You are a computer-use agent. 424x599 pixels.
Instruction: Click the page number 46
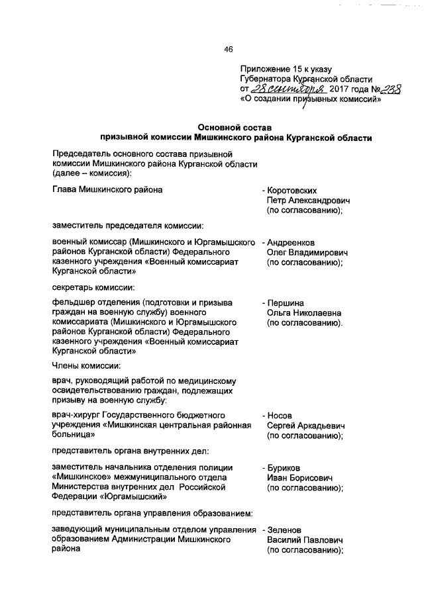click(229, 48)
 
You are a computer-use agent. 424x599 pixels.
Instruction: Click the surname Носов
click(282, 416)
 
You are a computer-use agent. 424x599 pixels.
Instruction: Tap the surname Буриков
click(287, 467)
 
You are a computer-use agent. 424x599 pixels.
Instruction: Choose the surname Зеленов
click(287, 530)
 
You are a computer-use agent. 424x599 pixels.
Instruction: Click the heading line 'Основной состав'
click(235, 126)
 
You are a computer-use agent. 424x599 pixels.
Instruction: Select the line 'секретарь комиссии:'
click(93, 287)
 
